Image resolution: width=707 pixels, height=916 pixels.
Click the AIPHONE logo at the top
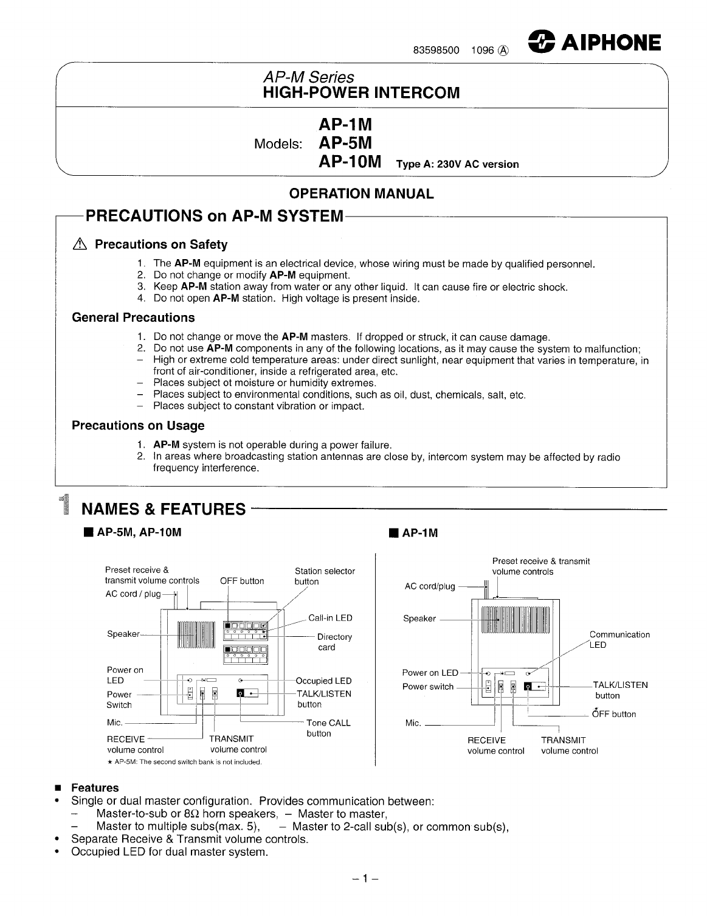click(x=594, y=42)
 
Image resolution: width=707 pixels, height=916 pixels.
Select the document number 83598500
click(x=436, y=51)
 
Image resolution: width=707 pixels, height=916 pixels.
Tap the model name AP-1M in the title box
click(x=345, y=124)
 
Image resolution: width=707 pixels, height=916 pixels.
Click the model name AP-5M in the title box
click(x=345, y=143)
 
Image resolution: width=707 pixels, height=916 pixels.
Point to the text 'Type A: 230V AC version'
click(x=457, y=164)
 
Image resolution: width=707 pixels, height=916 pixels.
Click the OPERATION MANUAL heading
click(x=361, y=194)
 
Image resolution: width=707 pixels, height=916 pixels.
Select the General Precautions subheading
click(x=133, y=317)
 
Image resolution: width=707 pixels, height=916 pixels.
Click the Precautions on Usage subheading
click(x=138, y=426)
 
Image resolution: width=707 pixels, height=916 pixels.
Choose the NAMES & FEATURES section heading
click(x=163, y=509)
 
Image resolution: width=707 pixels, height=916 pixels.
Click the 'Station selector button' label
click(x=325, y=576)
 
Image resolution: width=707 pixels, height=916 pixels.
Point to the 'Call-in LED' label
click(x=330, y=618)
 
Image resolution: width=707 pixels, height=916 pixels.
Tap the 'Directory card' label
click(x=334, y=642)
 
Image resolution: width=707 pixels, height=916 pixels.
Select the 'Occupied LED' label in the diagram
click(x=323, y=681)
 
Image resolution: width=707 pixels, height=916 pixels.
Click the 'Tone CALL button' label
click(x=328, y=728)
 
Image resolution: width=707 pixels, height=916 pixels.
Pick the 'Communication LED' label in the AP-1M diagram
click(x=619, y=639)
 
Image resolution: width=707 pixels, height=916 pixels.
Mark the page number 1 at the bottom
click(x=366, y=878)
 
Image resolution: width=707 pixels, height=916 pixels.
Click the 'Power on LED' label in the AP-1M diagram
click(x=430, y=673)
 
